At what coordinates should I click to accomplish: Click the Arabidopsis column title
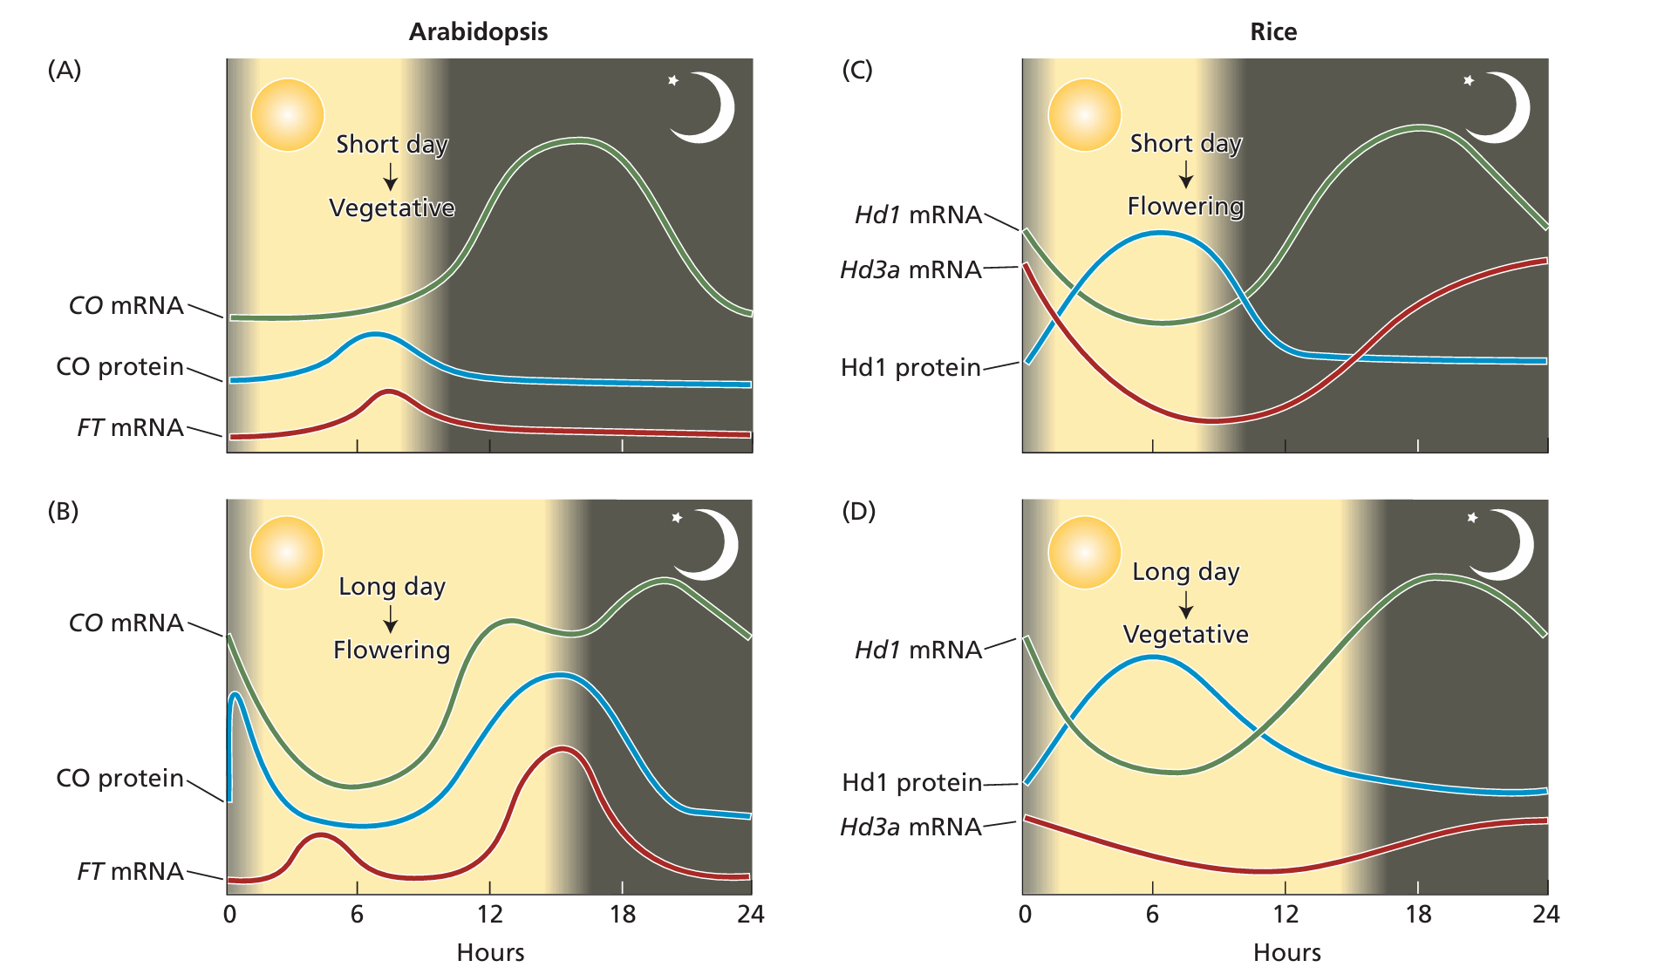tap(478, 32)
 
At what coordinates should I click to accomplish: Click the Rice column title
tap(1272, 32)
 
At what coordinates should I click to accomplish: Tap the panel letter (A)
tap(65, 70)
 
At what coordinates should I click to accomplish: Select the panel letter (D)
tap(858, 511)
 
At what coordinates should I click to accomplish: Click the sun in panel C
tap(1084, 115)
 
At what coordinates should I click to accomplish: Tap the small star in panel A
tap(673, 81)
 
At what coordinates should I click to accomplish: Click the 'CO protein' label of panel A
tap(119, 366)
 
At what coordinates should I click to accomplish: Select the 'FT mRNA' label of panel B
tap(130, 871)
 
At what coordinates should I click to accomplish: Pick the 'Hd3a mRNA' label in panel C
tap(911, 269)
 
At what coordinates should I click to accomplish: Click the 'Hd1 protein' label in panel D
tap(911, 782)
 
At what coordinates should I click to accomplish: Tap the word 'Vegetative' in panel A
tap(392, 208)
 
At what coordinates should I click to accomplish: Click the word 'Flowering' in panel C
tap(1185, 207)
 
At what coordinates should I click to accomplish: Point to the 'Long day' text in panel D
tap(1185, 572)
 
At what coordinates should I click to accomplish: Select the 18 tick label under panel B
tap(622, 914)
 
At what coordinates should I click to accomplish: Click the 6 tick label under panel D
tap(1152, 914)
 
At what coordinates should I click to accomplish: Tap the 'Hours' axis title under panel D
tap(1286, 952)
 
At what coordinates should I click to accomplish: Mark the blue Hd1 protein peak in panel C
tap(1160, 233)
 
